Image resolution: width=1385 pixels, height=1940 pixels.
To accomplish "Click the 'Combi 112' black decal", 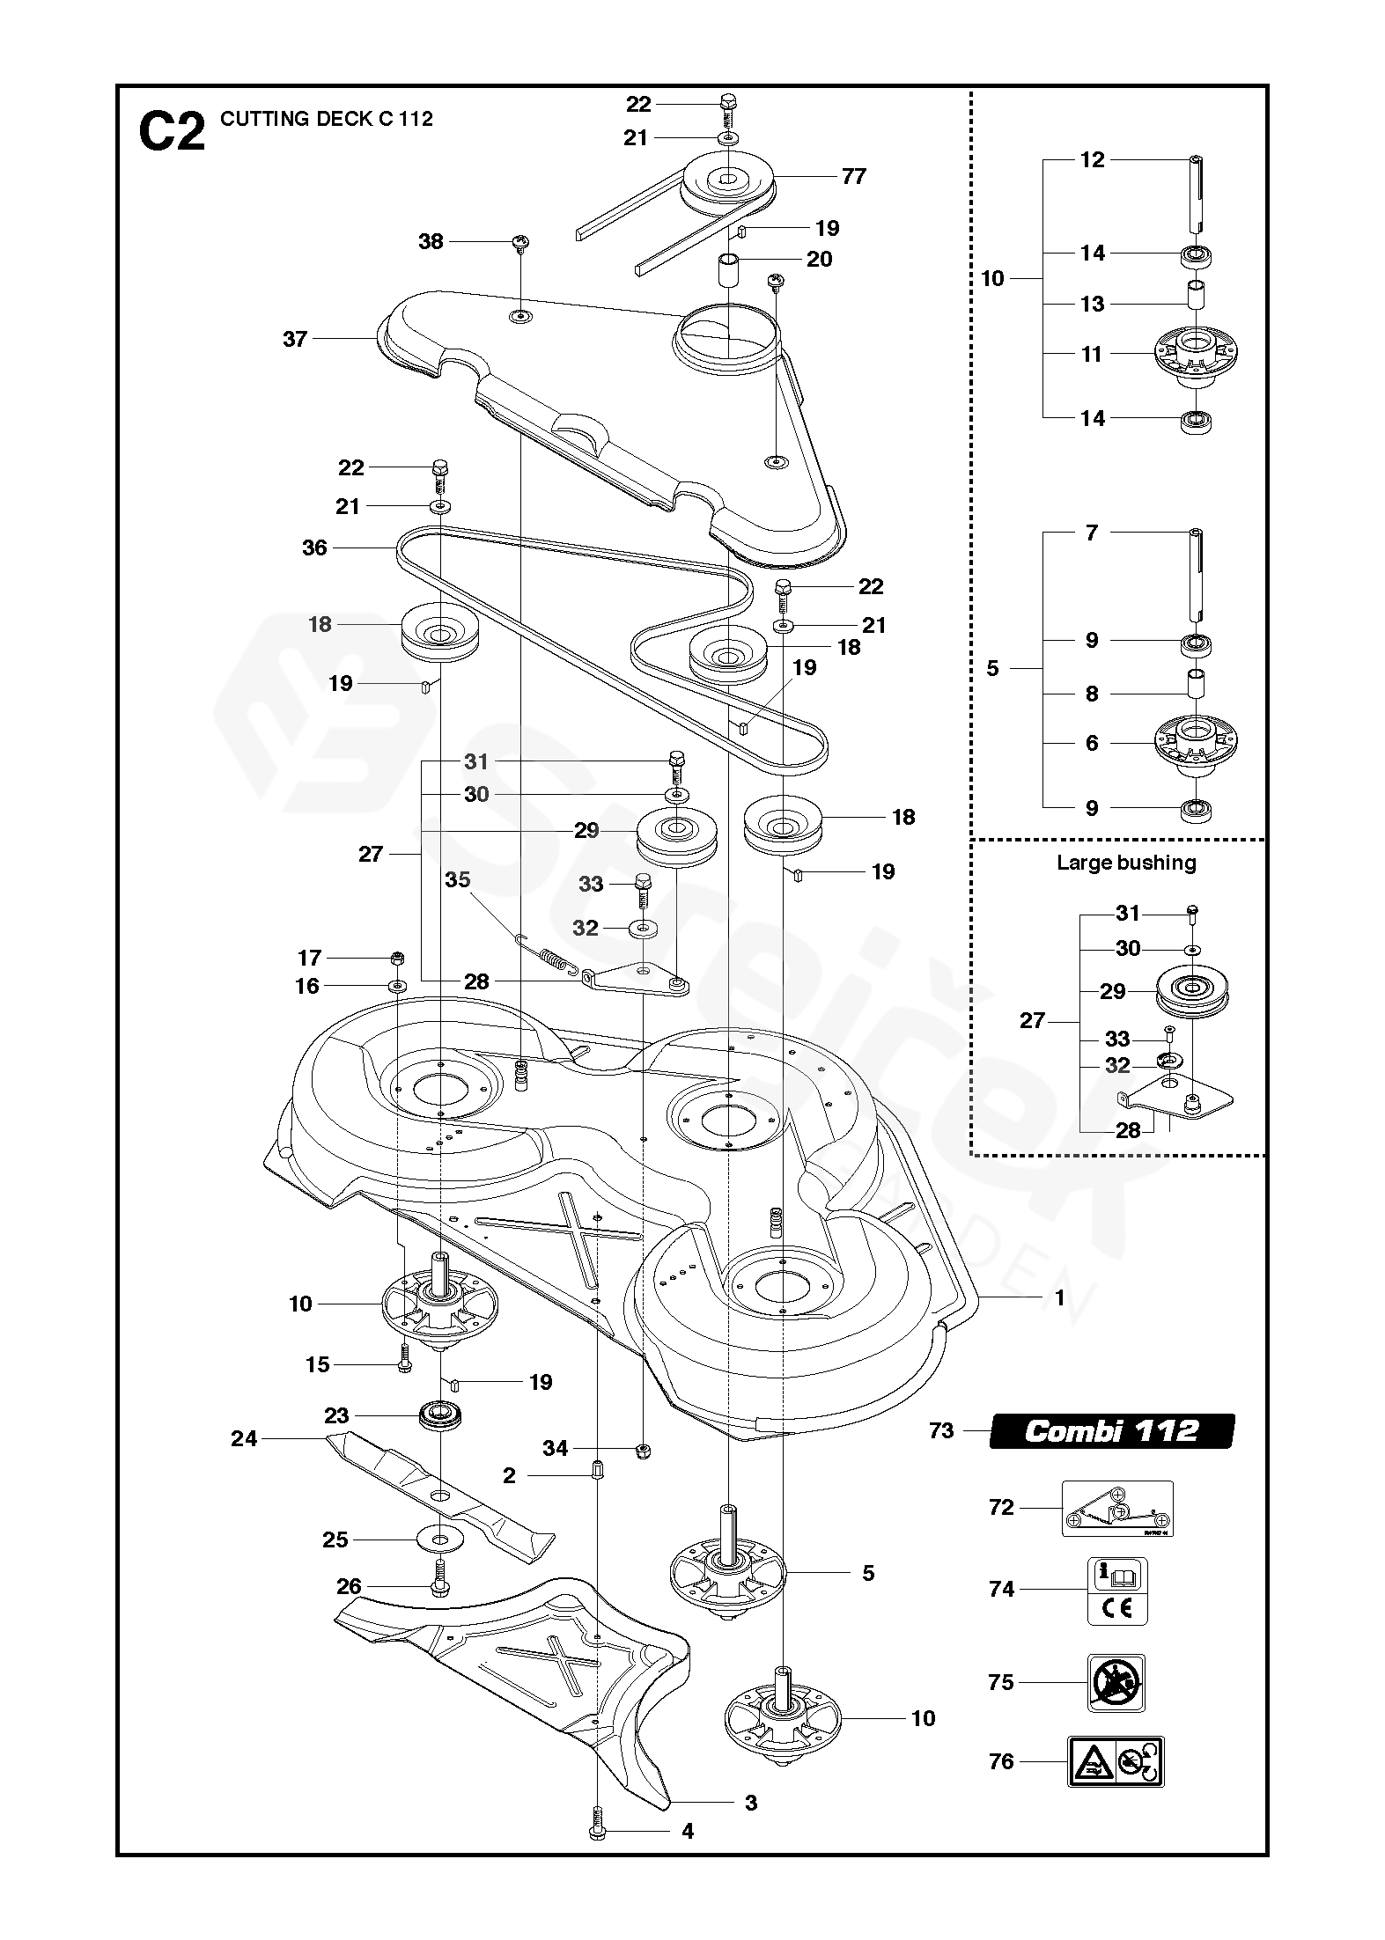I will point(1111,1430).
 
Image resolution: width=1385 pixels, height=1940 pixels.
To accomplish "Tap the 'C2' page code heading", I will point(172,131).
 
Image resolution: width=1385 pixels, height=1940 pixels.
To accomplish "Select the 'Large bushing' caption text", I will point(1126,863).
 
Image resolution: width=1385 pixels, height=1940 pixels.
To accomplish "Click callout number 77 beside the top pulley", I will point(853,176).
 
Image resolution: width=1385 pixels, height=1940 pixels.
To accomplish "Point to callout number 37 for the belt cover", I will point(295,338).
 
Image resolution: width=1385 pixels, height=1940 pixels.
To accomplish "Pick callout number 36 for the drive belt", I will point(314,547).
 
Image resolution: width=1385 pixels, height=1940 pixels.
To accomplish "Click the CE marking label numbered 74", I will point(1118,1589).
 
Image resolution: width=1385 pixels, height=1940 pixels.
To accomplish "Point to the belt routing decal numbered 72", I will point(1117,1509).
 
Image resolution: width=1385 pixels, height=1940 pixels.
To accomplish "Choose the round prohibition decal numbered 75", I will point(1116,1682).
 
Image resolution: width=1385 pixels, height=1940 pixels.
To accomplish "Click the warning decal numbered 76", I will point(1116,1761).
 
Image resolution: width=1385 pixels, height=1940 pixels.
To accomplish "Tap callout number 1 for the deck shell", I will point(1060,1297).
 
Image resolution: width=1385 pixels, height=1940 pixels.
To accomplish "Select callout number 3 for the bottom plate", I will point(750,1802).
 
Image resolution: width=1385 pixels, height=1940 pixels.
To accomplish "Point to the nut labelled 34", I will point(643,1449).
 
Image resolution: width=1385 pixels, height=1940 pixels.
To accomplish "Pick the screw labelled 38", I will point(521,242).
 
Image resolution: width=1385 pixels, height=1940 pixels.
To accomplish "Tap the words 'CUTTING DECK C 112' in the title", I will point(326,119).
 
